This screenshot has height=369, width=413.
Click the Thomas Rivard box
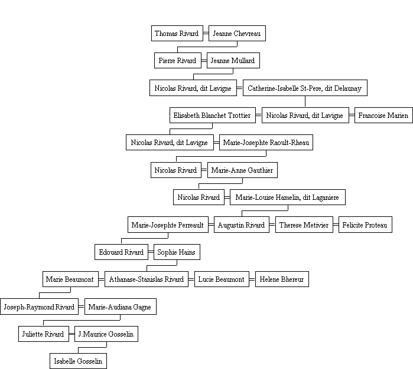(x=177, y=34)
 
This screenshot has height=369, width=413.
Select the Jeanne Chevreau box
(x=237, y=34)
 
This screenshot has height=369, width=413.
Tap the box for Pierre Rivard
(x=178, y=61)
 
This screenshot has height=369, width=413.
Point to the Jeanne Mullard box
(x=233, y=61)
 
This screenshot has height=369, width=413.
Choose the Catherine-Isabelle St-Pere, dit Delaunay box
(x=305, y=88)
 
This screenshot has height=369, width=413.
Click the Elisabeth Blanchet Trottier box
(x=213, y=115)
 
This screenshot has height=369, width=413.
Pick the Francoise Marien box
(x=384, y=115)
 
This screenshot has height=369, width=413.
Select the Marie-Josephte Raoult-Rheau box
(x=266, y=143)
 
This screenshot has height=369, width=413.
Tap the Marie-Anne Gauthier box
(x=242, y=170)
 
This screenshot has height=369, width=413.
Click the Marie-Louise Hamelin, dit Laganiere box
(x=288, y=197)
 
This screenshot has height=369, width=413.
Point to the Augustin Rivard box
(x=242, y=225)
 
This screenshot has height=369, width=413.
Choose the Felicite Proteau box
(x=365, y=225)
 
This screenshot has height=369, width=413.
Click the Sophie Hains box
(x=177, y=252)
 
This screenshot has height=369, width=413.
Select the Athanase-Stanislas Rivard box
(x=147, y=279)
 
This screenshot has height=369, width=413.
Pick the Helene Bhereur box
(x=282, y=279)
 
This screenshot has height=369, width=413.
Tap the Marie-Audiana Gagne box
(x=121, y=307)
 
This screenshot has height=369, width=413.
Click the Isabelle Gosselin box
(x=78, y=361)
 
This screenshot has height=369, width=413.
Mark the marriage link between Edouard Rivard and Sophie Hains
(x=151, y=252)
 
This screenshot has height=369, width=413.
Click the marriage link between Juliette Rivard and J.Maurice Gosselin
(x=71, y=334)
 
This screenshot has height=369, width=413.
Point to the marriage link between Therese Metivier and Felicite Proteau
(x=336, y=225)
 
